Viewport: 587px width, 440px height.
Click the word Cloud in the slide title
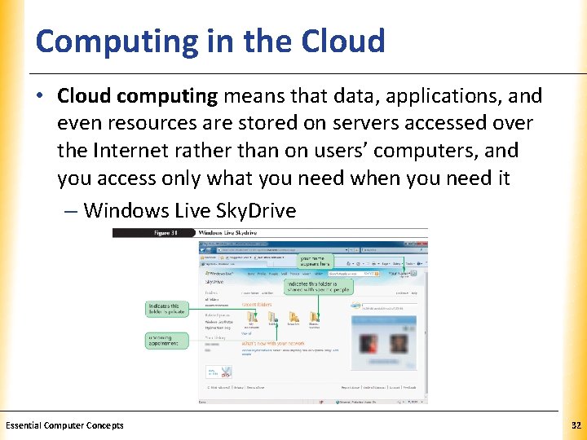coord(342,41)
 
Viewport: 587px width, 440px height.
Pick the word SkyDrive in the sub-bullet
coord(258,211)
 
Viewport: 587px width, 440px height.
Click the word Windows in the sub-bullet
coord(126,211)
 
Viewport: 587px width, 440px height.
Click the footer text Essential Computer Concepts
coord(64,425)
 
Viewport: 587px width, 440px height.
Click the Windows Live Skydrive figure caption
coord(232,233)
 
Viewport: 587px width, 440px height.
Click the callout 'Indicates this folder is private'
coord(166,309)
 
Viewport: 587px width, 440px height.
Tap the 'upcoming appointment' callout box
coord(166,341)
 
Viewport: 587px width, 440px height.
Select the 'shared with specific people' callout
coord(318,286)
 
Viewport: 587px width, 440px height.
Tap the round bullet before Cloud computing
coord(41,97)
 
